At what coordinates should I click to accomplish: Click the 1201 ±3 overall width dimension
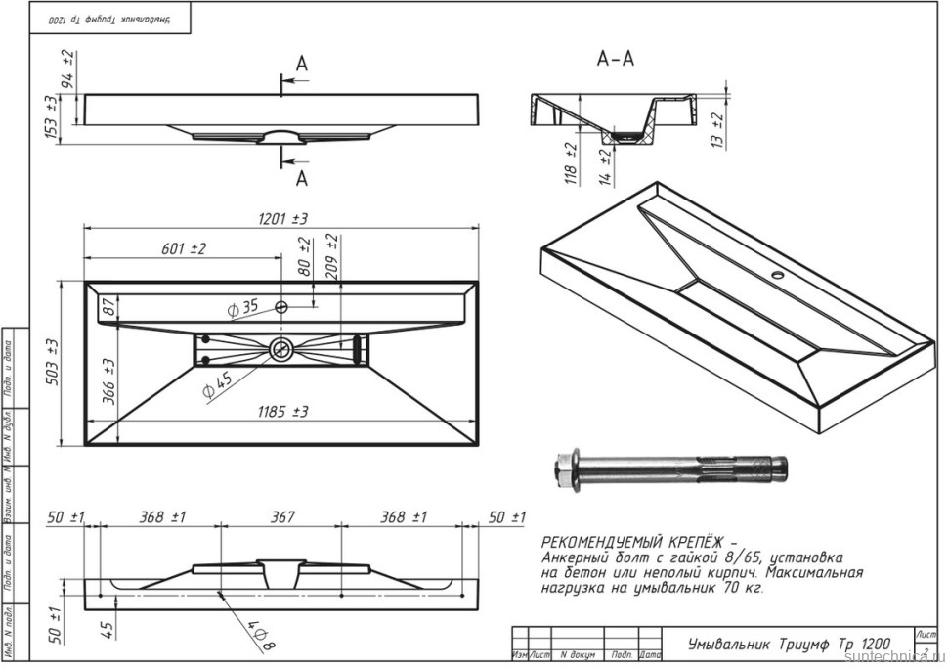(x=282, y=218)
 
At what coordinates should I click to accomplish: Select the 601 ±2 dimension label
(x=184, y=249)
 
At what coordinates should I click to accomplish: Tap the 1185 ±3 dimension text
(x=282, y=412)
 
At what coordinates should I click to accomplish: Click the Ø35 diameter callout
(x=242, y=308)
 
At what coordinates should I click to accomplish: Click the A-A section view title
(x=615, y=60)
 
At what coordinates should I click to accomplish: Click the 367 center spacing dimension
(x=281, y=517)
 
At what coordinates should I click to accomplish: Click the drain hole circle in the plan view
(x=282, y=347)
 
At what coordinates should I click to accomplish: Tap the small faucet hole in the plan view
(x=281, y=307)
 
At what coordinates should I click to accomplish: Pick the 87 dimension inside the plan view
(x=108, y=307)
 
